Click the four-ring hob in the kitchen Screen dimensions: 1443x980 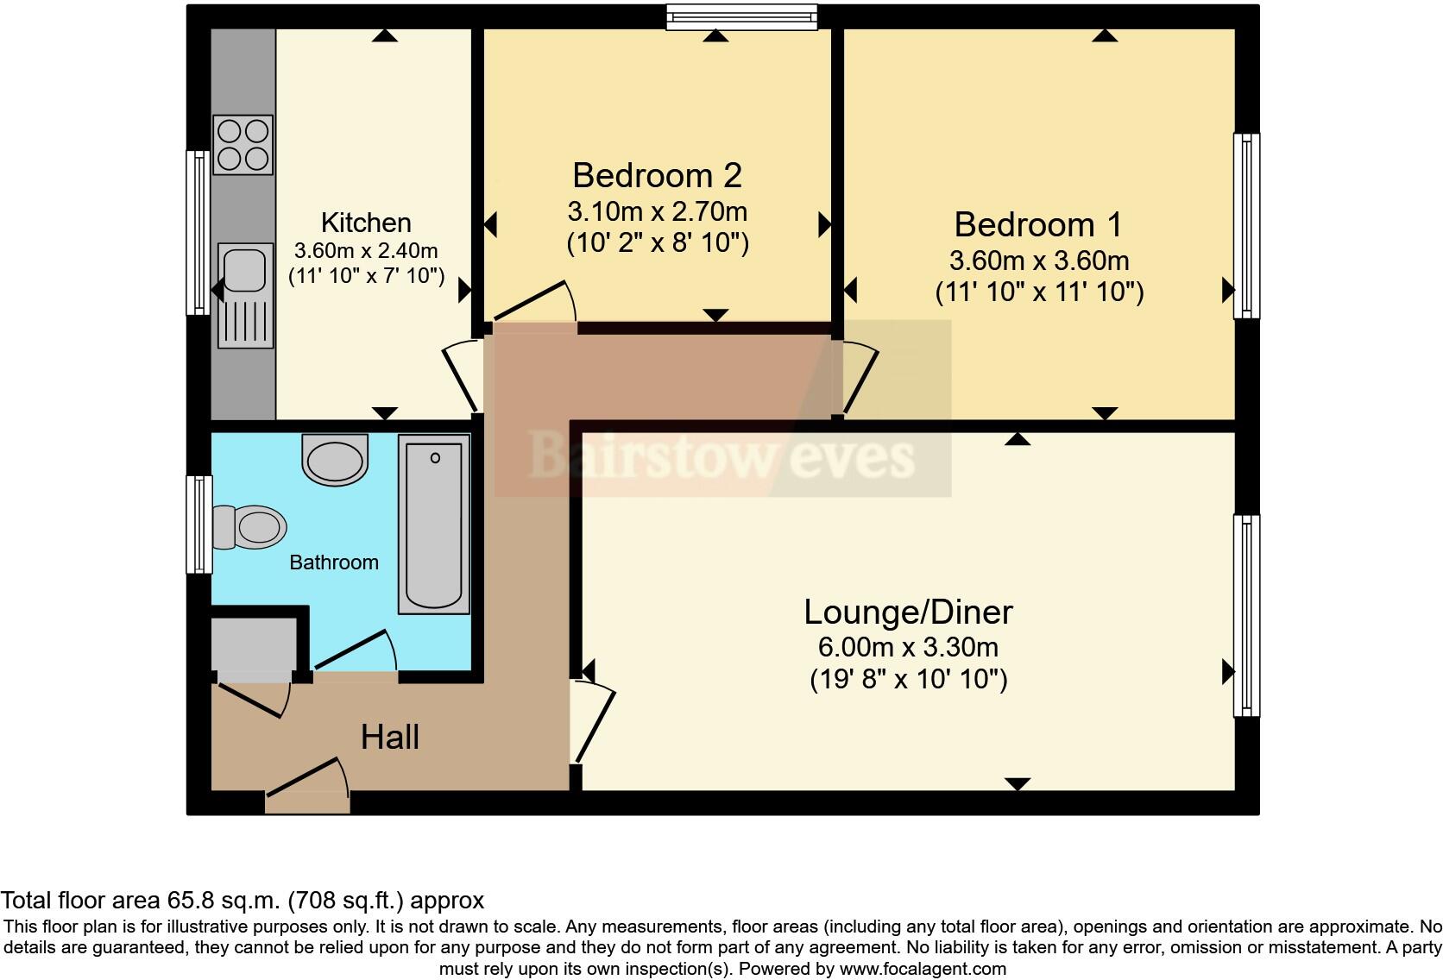pyautogui.click(x=243, y=145)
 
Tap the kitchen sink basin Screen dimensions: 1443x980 pyautogui.click(x=244, y=270)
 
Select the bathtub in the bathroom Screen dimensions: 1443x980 pyautogui.click(x=433, y=525)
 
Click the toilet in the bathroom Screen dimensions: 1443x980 pyautogui.click(x=249, y=527)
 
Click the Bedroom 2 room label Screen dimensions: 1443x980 pyautogui.click(x=657, y=176)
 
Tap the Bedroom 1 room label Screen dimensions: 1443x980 pyautogui.click(x=1037, y=224)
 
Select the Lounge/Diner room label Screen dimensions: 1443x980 pyautogui.click(x=908, y=612)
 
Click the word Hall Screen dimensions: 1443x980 pyautogui.click(x=390, y=738)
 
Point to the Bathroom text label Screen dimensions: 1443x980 pyautogui.click(x=334, y=562)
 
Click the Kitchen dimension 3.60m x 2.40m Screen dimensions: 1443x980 pyautogui.click(x=366, y=250)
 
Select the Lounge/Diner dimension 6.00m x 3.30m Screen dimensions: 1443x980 pyautogui.click(x=908, y=647)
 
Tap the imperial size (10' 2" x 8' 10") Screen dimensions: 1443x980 pyautogui.click(x=658, y=243)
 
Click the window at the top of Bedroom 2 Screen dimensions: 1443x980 pyautogui.click(x=741, y=16)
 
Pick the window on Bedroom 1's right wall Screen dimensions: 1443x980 pyautogui.click(x=1246, y=225)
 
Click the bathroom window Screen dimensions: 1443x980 pyautogui.click(x=199, y=525)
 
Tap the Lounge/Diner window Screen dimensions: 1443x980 pyautogui.click(x=1246, y=615)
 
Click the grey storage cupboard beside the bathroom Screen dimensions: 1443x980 pyautogui.click(x=254, y=644)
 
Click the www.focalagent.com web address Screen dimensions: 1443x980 pyautogui.click(x=923, y=969)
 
